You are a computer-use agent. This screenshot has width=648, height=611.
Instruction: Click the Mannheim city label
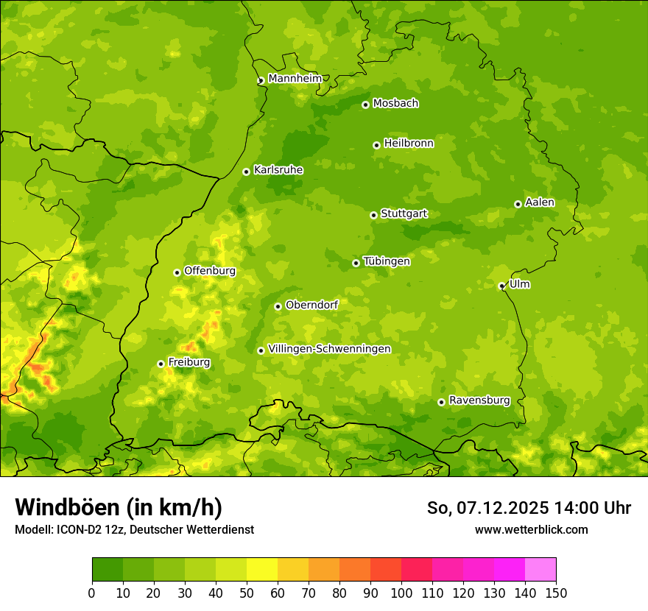295,79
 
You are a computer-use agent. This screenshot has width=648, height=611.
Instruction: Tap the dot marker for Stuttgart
373,215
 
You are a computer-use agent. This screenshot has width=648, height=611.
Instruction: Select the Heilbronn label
409,144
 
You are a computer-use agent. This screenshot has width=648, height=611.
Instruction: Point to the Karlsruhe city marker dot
246,172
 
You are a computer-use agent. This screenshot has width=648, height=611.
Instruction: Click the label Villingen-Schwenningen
329,349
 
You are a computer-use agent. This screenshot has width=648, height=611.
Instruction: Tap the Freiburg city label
189,362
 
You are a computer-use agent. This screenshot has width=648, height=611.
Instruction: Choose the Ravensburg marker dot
441,402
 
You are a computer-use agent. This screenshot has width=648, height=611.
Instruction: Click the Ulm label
519,284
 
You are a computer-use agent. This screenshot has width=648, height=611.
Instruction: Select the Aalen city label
540,202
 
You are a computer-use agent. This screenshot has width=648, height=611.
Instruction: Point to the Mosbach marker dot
365,105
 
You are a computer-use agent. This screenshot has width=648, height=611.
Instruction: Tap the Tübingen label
387,261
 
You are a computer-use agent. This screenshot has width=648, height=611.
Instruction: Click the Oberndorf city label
311,305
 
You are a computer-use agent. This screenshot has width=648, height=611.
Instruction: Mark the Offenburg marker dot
177,272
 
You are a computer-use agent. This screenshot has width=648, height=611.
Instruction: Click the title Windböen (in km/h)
118,507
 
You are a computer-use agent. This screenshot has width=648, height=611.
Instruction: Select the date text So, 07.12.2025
487,508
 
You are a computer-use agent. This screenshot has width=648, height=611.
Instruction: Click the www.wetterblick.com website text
531,529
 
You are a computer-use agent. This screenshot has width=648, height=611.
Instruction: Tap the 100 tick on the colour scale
401,593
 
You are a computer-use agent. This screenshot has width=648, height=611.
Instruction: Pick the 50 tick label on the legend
247,593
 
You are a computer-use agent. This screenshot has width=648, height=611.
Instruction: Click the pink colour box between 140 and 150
540,570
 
